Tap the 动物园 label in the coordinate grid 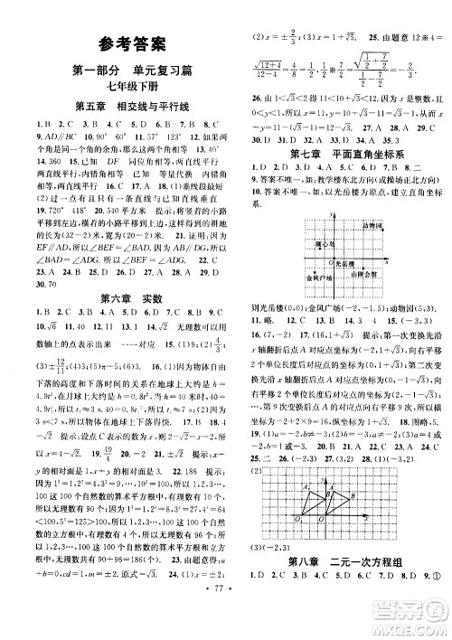[372, 223]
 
